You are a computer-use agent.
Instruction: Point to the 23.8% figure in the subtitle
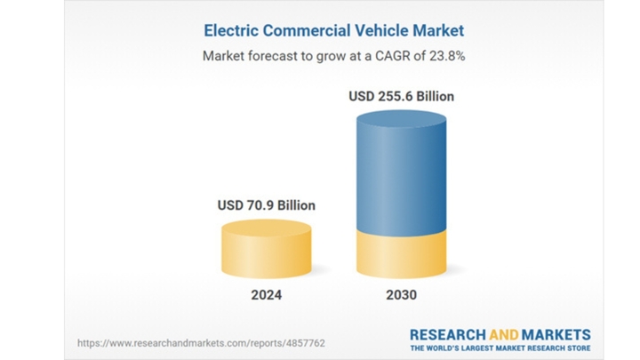pyautogui.click(x=446, y=55)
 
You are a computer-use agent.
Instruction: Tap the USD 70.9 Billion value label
pyautogui.click(x=266, y=204)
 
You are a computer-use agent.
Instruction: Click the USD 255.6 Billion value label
pyautogui.click(x=401, y=96)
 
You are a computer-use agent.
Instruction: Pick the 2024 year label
pyautogui.click(x=266, y=295)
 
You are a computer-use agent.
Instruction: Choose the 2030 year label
pyautogui.click(x=401, y=295)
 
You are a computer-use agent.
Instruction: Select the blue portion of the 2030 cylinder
pyautogui.click(x=401, y=173)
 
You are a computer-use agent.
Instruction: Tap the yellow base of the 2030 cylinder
pyautogui.click(x=401, y=253)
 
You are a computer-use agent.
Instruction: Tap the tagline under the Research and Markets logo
pyautogui.click(x=500, y=348)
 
